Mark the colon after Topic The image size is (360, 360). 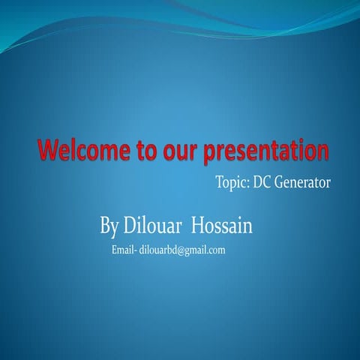click(x=247, y=183)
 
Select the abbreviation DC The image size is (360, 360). click(x=262, y=181)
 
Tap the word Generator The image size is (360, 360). click(x=303, y=181)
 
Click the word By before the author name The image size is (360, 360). click(x=109, y=225)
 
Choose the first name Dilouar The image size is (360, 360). click(x=153, y=224)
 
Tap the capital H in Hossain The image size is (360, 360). click(x=198, y=224)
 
